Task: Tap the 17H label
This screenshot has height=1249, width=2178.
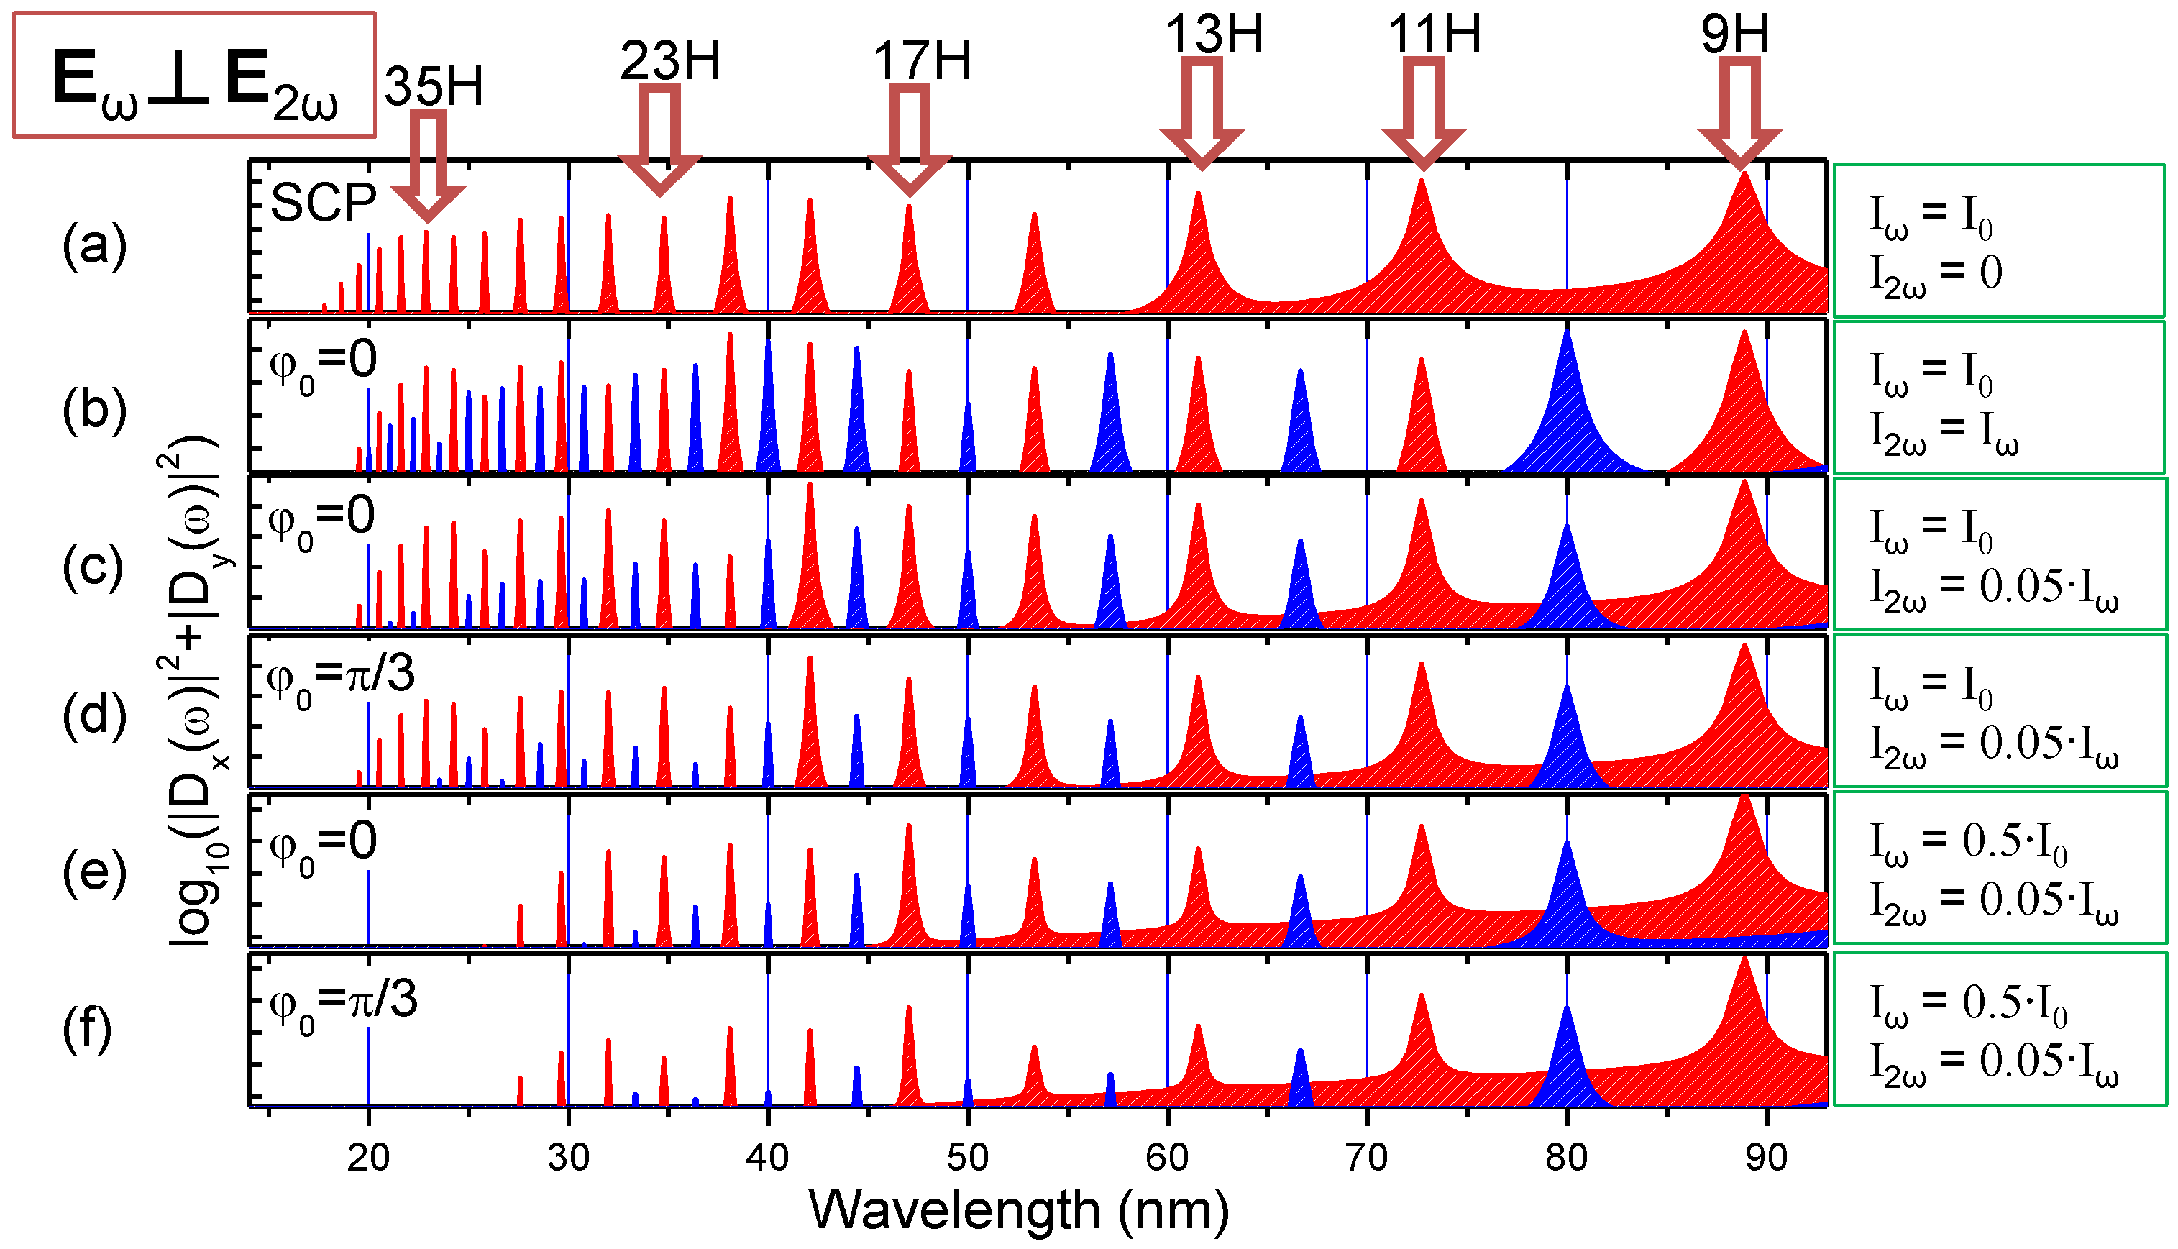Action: tap(921, 62)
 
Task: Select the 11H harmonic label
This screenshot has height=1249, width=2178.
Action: tap(1435, 35)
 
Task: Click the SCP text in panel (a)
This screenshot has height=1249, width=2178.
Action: tap(324, 204)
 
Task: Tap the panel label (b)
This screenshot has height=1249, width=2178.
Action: tap(94, 410)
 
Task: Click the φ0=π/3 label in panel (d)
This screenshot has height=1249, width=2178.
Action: tap(342, 677)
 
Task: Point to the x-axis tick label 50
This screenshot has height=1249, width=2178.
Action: tap(968, 1158)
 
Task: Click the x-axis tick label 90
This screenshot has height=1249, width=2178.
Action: tap(1766, 1158)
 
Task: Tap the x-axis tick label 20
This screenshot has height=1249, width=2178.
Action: tap(369, 1158)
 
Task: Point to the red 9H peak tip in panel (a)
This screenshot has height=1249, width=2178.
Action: tap(1744, 176)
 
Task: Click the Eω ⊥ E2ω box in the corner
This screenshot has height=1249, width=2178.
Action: tap(195, 76)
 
